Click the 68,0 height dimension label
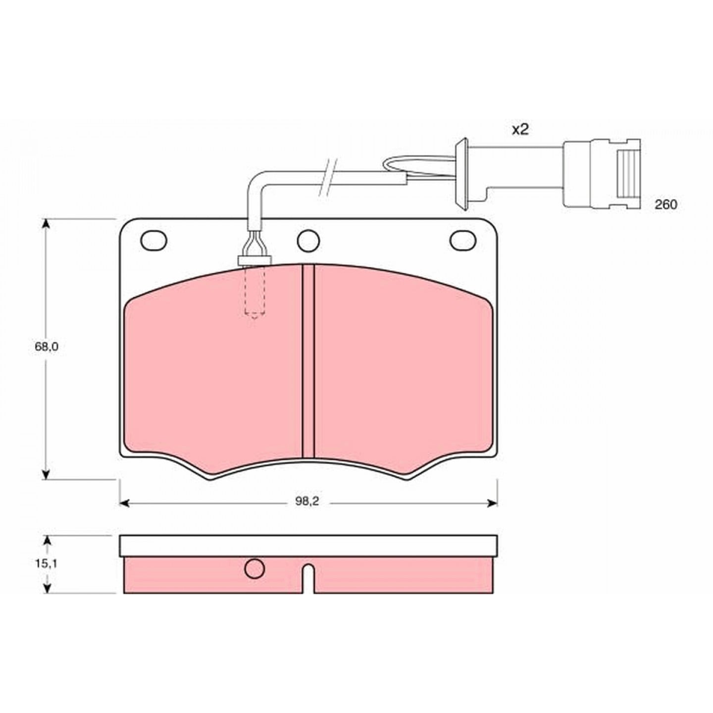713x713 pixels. (46, 347)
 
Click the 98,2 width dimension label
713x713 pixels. (307, 502)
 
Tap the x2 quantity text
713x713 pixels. (520, 130)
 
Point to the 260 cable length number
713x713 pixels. (666, 204)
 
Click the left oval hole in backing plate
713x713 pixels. (154, 240)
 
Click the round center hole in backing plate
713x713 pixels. (308, 241)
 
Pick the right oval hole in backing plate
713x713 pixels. (462, 240)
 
